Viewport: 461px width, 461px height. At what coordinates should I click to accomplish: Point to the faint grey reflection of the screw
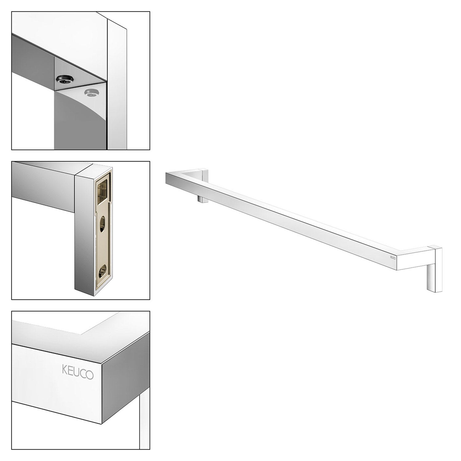pyautogui.click(x=91, y=93)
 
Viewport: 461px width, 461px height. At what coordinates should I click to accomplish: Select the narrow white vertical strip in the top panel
pyautogui.click(x=116, y=86)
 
